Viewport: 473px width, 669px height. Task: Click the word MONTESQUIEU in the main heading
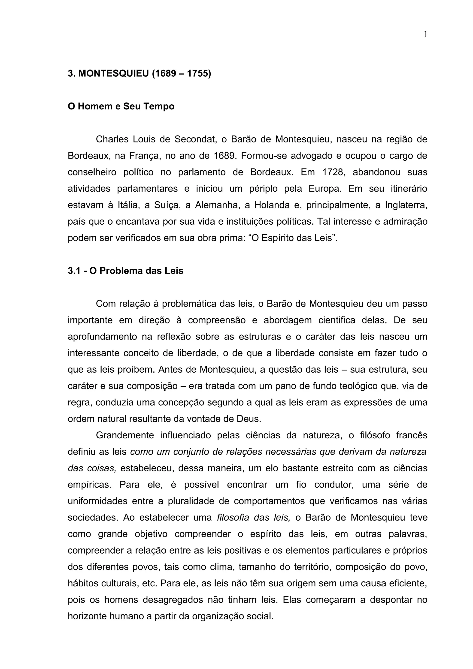click(114, 74)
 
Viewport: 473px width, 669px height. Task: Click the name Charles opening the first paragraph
click(112, 139)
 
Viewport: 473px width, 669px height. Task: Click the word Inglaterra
click(406, 205)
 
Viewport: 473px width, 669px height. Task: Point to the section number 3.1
click(74, 271)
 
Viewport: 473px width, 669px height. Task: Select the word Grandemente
click(125, 435)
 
